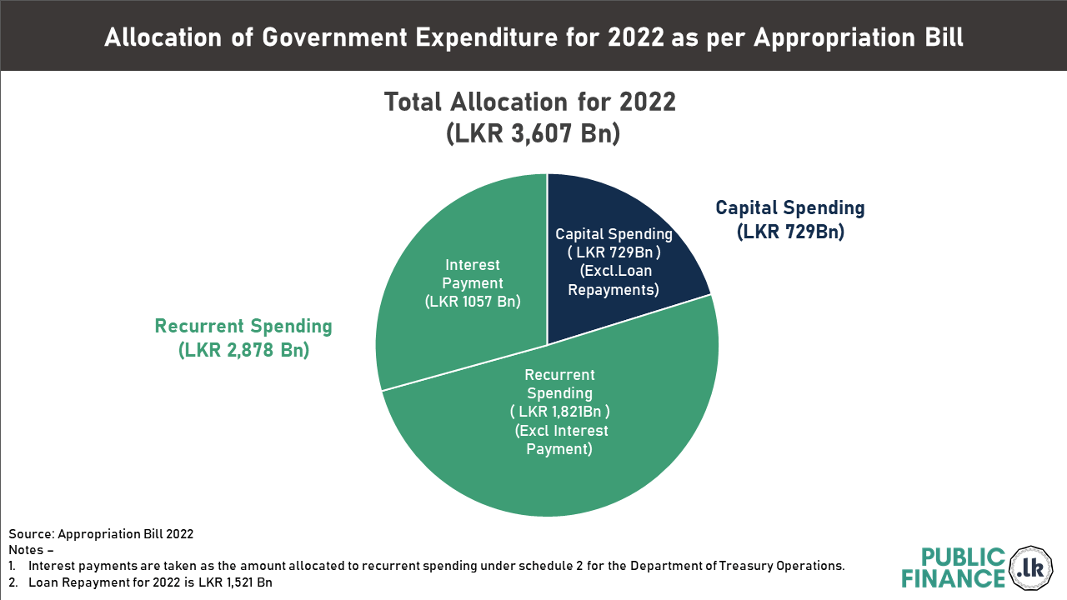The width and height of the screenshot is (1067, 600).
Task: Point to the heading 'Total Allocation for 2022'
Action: (x=530, y=102)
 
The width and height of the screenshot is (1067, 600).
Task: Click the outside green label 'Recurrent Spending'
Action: (x=243, y=327)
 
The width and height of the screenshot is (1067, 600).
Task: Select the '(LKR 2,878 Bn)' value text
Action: (x=243, y=351)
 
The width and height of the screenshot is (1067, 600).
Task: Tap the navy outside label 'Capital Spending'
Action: (x=790, y=208)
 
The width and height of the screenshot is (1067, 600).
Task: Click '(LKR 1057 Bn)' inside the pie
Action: (x=472, y=301)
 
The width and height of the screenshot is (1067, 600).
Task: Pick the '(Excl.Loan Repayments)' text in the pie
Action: (x=614, y=281)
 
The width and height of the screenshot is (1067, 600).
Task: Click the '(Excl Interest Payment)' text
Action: (x=560, y=440)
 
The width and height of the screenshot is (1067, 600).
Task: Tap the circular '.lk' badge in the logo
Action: (x=1032, y=569)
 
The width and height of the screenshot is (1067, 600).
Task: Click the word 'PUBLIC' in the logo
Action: (x=964, y=557)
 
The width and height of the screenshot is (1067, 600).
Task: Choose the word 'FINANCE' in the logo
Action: (x=954, y=579)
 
